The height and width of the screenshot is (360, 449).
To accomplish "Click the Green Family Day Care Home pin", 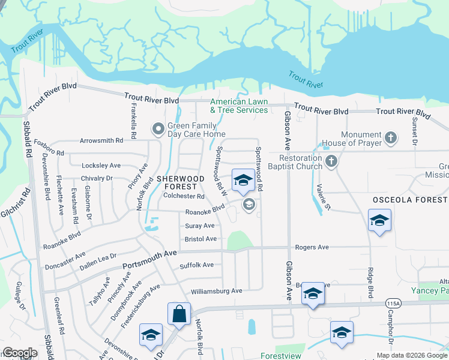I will pos(158,129).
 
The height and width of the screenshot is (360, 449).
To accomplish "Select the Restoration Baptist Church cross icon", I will pos(331,161).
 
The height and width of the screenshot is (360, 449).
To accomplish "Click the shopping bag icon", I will pos(179,313).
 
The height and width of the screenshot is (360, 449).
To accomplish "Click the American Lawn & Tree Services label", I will pos(239,106).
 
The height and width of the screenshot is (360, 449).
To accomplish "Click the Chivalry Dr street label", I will pos(97,178).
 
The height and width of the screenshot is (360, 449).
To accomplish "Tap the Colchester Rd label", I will pos(184,196).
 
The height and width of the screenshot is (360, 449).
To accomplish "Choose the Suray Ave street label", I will pos(200,226).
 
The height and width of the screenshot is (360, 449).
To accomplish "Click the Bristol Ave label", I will pos(200,239).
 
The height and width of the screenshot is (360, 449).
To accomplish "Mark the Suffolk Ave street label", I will pos(197,265).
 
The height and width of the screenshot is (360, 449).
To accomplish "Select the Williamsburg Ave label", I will pos(216,291).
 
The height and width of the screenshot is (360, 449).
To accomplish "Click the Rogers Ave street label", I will pos(312,247).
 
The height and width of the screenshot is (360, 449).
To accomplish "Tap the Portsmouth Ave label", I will pos(149,259).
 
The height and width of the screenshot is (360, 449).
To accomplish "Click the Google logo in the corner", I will pos(20,353).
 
